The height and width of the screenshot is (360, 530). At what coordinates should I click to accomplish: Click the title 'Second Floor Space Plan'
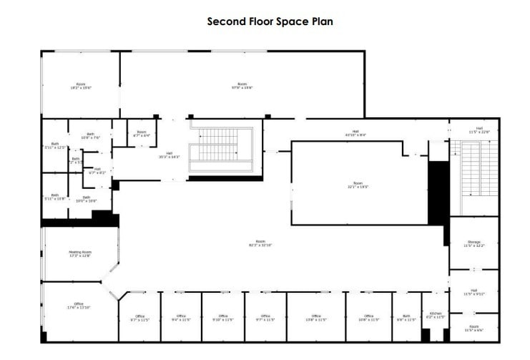coord(270,21)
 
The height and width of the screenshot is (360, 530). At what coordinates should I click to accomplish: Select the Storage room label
coord(473,243)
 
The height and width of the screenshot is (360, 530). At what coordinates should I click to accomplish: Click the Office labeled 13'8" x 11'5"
coord(315,317)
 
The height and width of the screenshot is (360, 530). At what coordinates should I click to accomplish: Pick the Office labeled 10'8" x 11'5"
coord(368,317)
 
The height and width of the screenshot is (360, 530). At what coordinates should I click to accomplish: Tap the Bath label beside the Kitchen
coord(406,317)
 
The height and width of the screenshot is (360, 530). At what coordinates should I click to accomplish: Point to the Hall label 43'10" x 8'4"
coord(355,132)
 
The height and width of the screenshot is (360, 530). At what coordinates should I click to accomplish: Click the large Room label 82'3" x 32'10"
coord(261,243)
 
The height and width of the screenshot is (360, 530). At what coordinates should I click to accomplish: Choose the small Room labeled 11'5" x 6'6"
coord(473,328)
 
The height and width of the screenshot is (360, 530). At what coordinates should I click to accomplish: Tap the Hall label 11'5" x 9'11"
coord(473,291)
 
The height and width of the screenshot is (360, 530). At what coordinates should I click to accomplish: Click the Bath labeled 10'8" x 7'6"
coord(91,135)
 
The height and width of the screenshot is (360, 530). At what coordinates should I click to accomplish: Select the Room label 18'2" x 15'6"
coord(80,86)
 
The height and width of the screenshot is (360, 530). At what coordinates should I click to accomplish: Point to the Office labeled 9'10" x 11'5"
coord(223,317)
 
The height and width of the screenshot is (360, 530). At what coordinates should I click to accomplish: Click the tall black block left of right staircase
coord(437,193)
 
